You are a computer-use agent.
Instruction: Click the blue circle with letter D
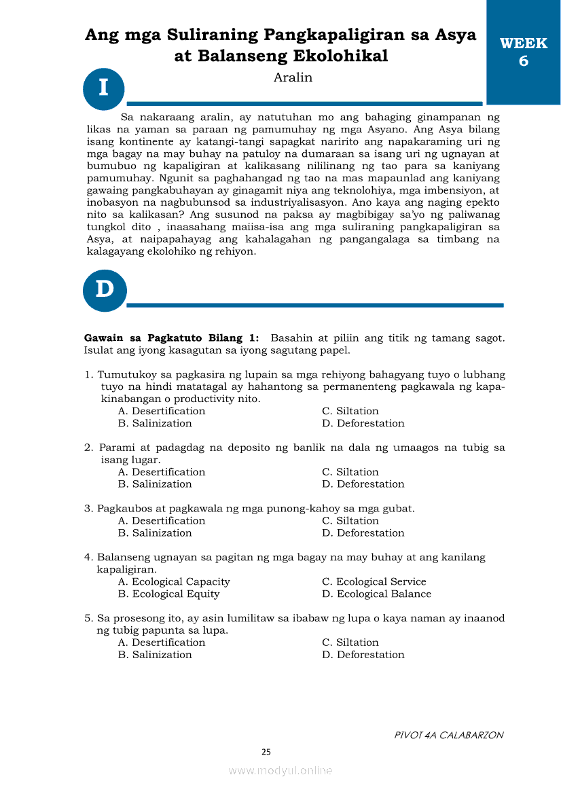[x=104, y=290]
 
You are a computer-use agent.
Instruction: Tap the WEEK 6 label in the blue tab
[x=523, y=52]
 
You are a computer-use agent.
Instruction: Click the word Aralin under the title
[x=293, y=77]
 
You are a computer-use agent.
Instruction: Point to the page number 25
[x=266, y=752]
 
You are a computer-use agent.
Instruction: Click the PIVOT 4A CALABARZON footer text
[x=449, y=735]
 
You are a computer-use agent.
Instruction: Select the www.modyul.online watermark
[x=280, y=770]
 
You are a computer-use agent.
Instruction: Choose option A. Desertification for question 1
[x=162, y=411]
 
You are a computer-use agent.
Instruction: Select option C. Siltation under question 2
[x=350, y=472]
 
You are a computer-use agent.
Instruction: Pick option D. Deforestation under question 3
[x=363, y=533]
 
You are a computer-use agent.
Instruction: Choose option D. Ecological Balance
[x=376, y=594]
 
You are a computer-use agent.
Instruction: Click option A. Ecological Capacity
[x=174, y=581]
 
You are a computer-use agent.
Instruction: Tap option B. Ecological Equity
[x=169, y=594]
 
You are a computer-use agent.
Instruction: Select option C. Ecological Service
[x=374, y=581]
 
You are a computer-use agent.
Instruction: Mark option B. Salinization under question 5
[x=155, y=655]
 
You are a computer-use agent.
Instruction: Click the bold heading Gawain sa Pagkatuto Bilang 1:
[x=171, y=338]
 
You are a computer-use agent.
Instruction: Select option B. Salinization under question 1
[x=155, y=423]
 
